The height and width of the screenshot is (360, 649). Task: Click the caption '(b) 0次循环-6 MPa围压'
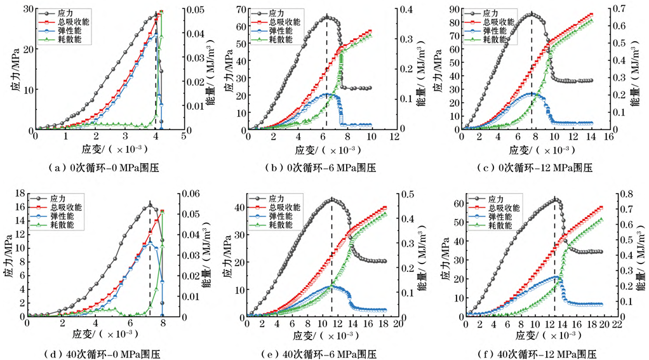pos(319,168)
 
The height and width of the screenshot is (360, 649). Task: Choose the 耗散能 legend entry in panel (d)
pos(65,225)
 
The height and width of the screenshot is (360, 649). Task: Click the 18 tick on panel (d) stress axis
pos(18,193)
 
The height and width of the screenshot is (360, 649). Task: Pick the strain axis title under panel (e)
pos(319,335)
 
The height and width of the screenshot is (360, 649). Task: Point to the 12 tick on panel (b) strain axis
pos(396,137)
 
